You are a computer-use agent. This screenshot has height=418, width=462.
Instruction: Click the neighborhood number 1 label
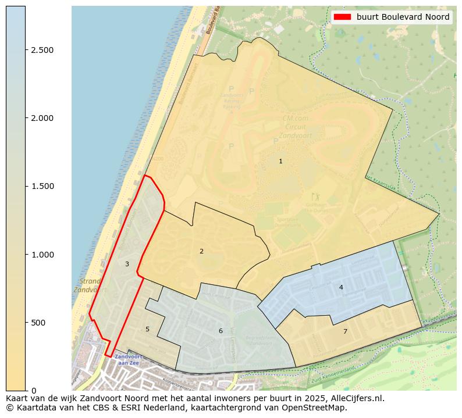click(x=280, y=161)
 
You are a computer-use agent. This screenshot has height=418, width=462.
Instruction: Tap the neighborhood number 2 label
click(x=201, y=251)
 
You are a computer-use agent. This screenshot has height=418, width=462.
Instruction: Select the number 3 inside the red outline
click(x=127, y=264)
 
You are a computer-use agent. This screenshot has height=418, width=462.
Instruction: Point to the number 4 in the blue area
click(x=341, y=287)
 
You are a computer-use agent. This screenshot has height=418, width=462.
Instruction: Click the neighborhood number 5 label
click(x=147, y=329)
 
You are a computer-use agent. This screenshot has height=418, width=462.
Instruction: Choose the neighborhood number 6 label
click(x=221, y=331)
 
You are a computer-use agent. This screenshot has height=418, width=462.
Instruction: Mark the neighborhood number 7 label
click(x=345, y=331)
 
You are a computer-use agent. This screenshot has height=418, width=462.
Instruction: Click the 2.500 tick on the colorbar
click(x=42, y=50)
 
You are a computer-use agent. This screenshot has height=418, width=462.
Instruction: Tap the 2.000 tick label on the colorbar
click(x=42, y=118)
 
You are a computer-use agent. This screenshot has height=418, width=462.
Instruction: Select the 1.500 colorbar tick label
click(x=42, y=186)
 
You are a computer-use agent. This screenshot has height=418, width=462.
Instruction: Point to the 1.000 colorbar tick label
click(x=42, y=254)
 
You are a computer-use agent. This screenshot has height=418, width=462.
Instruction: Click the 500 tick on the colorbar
click(x=39, y=323)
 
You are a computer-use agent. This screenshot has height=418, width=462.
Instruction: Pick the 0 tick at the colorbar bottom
click(x=34, y=390)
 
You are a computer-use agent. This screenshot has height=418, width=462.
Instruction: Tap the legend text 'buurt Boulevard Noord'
click(x=403, y=17)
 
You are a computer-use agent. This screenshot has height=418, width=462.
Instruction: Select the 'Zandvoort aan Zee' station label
click(x=127, y=359)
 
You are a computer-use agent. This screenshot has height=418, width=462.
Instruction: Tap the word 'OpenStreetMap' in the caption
click(x=317, y=408)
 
